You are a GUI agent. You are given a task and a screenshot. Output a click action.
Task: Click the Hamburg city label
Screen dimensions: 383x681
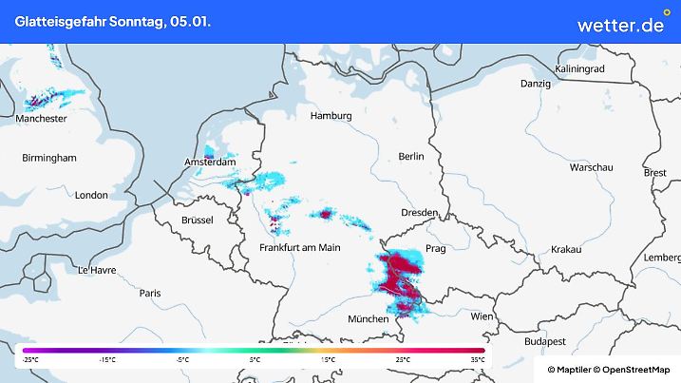pos(331,116)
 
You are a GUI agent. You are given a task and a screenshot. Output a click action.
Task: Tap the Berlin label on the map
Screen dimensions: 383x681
pos(411,156)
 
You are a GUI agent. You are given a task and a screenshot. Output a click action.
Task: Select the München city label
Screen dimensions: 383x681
pos(368,319)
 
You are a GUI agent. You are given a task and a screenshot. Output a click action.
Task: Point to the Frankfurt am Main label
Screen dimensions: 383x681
pos(300,247)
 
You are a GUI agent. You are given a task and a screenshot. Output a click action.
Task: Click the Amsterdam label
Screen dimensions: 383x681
pos(210,163)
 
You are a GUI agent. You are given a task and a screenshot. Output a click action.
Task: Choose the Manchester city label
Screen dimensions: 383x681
pos(41,119)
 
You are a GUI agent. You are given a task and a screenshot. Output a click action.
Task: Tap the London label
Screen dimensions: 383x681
pos(91,195)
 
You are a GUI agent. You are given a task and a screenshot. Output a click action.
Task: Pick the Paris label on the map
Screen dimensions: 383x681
pos(150,294)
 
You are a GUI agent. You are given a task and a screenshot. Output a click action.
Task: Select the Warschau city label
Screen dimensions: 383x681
pos(591,166)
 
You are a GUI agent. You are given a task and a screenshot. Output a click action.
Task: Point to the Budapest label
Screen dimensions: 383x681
pos(546,340)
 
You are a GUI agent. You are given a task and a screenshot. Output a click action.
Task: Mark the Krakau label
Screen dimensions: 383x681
pos(565,249)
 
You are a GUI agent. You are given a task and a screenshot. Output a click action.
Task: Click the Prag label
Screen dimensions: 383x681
pos(436,248)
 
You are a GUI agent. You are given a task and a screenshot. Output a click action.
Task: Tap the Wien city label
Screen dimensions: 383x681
pos(482,316)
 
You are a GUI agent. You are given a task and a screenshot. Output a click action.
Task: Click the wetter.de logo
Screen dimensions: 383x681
pos(621,24)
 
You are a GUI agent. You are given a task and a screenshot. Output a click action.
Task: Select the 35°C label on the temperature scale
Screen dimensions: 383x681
pos(477,359)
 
